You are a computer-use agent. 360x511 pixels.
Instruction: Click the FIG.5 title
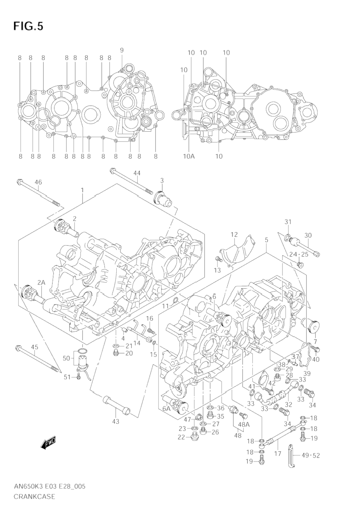coord(28,26)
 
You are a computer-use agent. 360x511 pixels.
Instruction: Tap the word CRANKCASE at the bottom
coord(35,497)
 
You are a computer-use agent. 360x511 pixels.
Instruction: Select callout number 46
coord(38,182)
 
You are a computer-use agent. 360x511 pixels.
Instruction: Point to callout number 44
coord(137,173)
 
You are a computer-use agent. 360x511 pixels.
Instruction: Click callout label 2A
coord(41,283)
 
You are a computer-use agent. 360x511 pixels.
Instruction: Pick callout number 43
coord(116,422)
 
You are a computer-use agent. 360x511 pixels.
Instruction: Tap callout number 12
coord(234,234)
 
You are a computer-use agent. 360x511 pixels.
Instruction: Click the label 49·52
coord(311,455)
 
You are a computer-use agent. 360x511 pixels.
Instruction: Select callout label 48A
coord(244,424)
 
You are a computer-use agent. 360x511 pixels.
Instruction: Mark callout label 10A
coord(189,156)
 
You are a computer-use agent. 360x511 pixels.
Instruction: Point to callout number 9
coord(122,50)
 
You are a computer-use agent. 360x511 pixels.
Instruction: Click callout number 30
coord(308,235)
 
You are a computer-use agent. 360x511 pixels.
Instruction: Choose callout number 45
coord(35,347)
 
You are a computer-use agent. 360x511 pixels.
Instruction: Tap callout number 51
coord(67,377)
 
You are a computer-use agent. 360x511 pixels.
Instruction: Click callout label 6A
coord(167,409)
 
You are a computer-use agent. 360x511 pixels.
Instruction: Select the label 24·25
coord(299,254)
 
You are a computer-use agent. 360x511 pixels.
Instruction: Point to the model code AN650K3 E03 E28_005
coord(50,486)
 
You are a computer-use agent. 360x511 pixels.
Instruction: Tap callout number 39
coord(307,373)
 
